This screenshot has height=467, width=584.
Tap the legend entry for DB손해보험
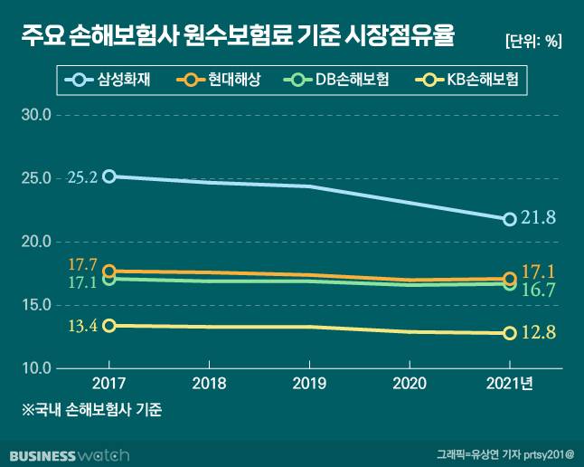click(x=338, y=81)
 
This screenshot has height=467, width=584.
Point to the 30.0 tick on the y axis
click(x=36, y=115)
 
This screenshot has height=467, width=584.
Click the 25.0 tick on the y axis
click(x=36, y=178)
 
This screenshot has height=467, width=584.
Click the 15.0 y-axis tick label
click(x=36, y=305)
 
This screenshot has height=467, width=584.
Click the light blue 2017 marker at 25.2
click(x=108, y=176)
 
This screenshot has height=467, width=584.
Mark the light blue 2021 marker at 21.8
click(x=510, y=219)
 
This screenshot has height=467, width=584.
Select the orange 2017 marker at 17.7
click(x=108, y=271)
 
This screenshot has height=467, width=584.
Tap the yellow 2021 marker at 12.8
click(x=510, y=333)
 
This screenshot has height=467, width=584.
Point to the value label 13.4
click(x=82, y=326)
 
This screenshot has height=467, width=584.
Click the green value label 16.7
click(x=539, y=290)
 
